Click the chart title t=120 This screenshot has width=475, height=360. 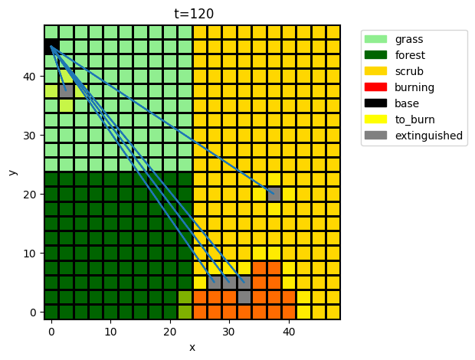(192, 13)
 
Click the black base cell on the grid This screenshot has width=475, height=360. (51, 47)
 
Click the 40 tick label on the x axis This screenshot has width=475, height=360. (288, 331)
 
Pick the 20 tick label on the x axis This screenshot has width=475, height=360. (170, 331)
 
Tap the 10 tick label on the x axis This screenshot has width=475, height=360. (110, 331)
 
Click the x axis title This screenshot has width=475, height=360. (192, 347)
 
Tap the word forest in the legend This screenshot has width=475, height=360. (411, 55)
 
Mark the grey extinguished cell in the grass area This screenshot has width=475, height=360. (66, 91)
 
